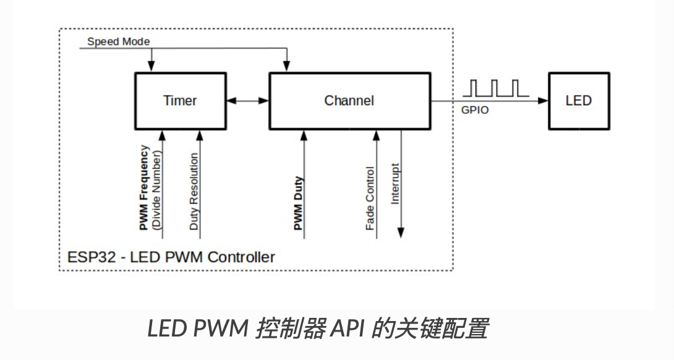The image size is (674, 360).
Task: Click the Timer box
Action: pyautogui.click(x=180, y=101)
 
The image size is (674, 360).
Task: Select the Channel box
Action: pyautogui.click(x=349, y=101)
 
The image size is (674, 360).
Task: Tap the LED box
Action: pyautogui.click(x=578, y=101)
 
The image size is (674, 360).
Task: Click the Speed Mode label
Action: pyautogui.click(x=118, y=42)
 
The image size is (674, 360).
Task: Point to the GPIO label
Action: pyautogui.click(x=475, y=111)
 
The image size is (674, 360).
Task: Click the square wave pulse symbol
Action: pyautogui.click(x=495, y=88)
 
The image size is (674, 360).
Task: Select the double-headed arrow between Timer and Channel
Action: pyautogui.click(x=247, y=101)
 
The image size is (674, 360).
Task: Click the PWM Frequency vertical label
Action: pyautogui.click(x=144, y=188)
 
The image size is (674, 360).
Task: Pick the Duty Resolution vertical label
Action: pyautogui.click(x=194, y=192)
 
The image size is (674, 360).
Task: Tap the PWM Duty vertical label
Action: pyautogui.click(x=297, y=204)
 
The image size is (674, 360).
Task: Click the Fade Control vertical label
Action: pyautogui.click(x=370, y=198)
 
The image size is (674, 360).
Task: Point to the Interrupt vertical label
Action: pyautogui.click(x=395, y=184)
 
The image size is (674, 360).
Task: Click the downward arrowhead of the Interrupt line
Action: pyautogui.click(x=401, y=233)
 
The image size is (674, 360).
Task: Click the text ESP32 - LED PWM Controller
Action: pyautogui.click(x=170, y=257)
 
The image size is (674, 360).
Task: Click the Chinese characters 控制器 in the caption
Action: pyautogui.click(x=289, y=328)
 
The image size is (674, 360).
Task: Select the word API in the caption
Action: pyautogui.click(x=348, y=328)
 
